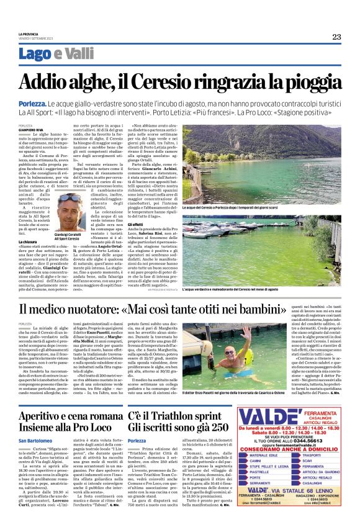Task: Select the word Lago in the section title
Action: [x=35, y=55]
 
